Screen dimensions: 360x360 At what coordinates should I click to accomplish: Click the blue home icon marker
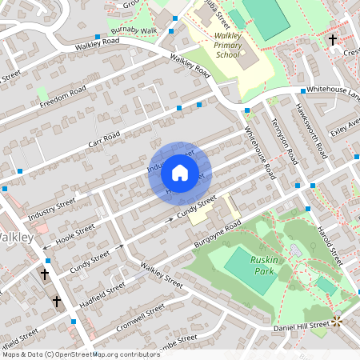coord(180,173)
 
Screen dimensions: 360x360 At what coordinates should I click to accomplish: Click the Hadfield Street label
coord(104,290)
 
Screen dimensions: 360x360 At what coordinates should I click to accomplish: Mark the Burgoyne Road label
coord(214,234)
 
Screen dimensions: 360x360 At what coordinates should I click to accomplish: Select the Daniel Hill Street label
coord(302,325)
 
